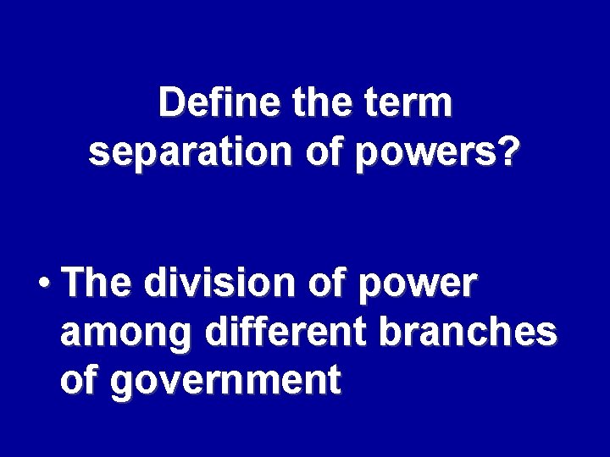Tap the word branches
[469, 333]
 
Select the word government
[225, 383]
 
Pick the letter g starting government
[122, 385]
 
